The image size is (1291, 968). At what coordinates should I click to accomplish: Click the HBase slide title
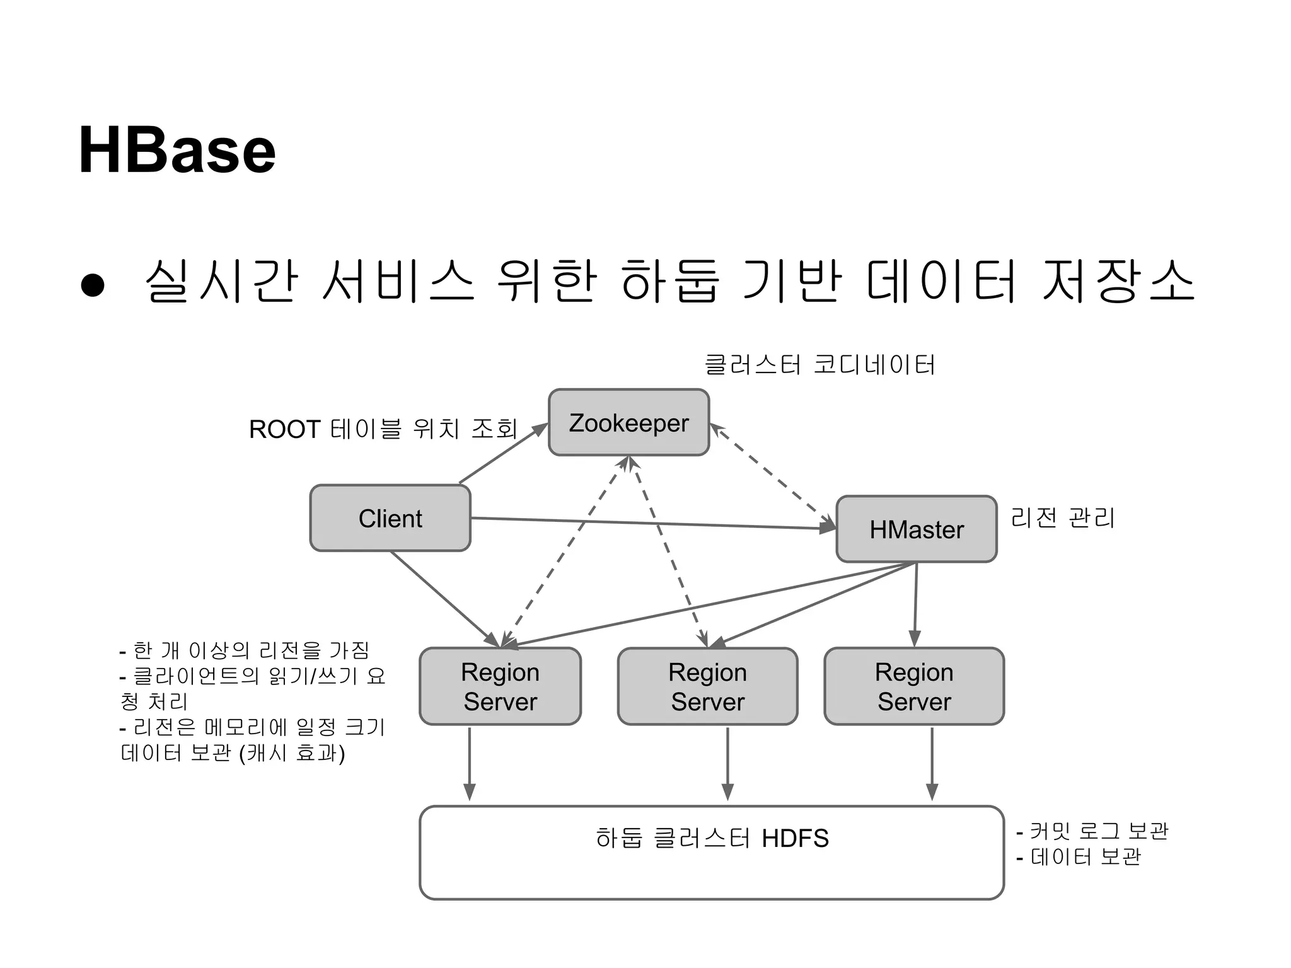click(x=177, y=151)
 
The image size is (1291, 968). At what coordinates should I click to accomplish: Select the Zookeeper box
click(x=628, y=422)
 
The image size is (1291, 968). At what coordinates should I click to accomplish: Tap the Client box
click(x=390, y=518)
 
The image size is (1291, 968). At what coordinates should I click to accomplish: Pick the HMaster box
click(x=916, y=529)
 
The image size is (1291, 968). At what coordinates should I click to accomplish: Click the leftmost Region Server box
click(x=500, y=686)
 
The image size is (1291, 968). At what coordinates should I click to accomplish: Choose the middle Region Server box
click(x=707, y=686)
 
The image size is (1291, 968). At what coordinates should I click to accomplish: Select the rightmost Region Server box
click(x=914, y=686)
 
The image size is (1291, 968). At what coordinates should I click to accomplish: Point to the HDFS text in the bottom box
click(x=795, y=839)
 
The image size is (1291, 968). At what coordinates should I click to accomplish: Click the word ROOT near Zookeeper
click(x=285, y=430)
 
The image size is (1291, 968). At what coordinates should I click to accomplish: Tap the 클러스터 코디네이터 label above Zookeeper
click(x=819, y=365)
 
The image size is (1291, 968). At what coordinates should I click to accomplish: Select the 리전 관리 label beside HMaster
click(x=1063, y=518)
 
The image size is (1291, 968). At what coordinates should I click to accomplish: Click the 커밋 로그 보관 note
click(x=1099, y=831)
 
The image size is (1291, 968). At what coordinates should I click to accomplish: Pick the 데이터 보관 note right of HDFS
click(x=1085, y=857)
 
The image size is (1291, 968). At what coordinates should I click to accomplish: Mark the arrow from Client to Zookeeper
click(x=503, y=453)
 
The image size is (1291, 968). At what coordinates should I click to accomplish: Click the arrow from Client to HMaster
click(x=649, y=524)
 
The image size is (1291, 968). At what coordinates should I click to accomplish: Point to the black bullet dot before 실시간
click(x=93, y=285)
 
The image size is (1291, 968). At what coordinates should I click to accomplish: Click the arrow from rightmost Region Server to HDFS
click(x=932, y=764)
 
